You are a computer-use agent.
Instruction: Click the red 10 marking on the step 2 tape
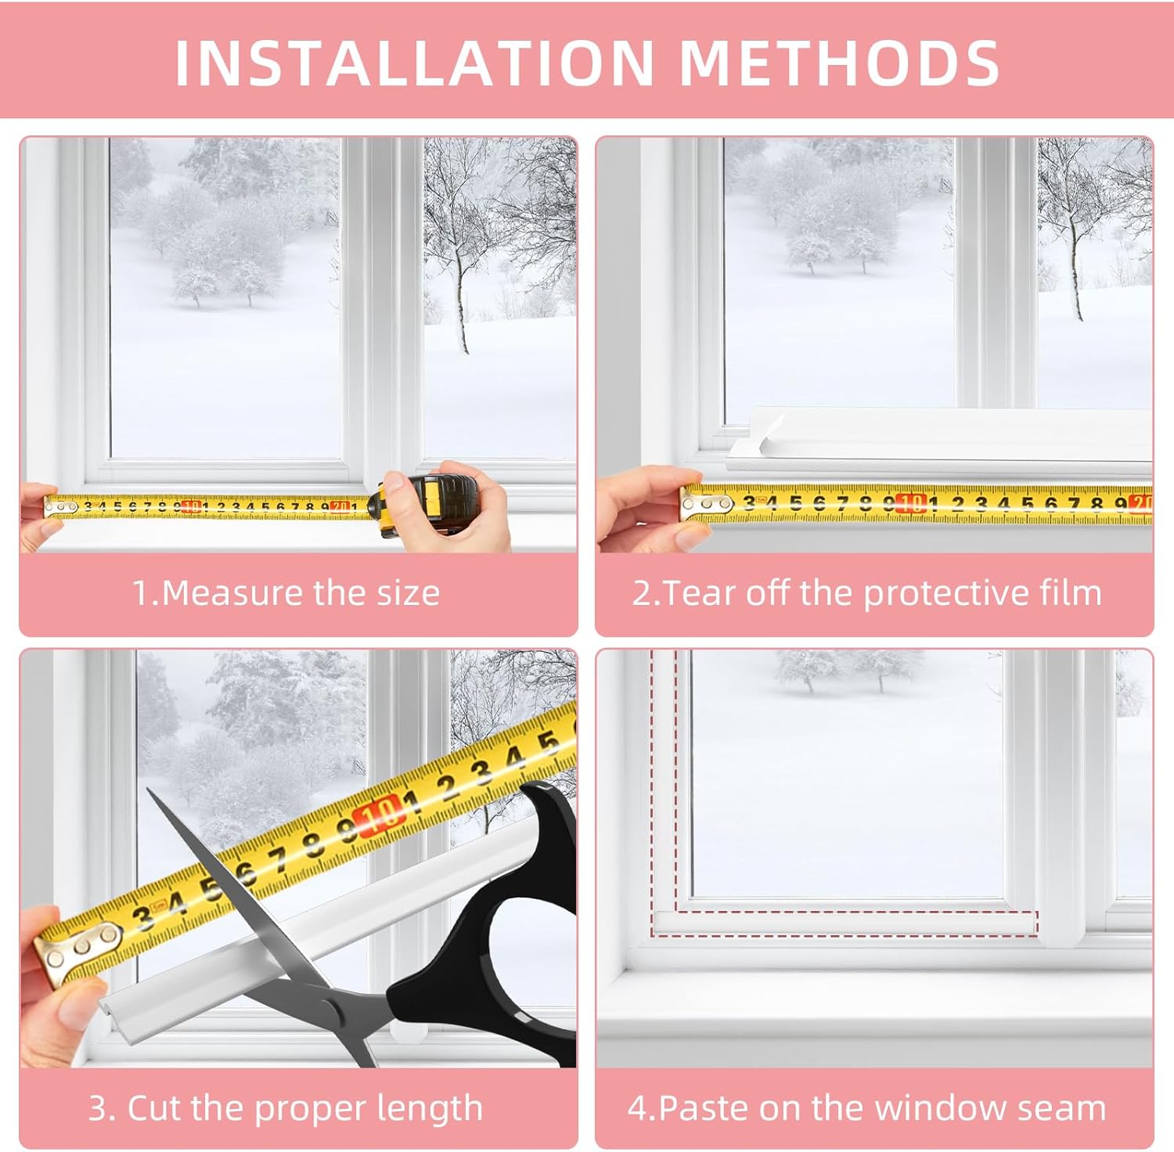pyautogui.click(x=911, y=503)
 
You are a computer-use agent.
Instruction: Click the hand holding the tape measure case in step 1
pyautogui.click(x=470, y=509)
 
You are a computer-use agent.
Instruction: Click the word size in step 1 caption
pyautogui.click(x=408, y=592)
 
